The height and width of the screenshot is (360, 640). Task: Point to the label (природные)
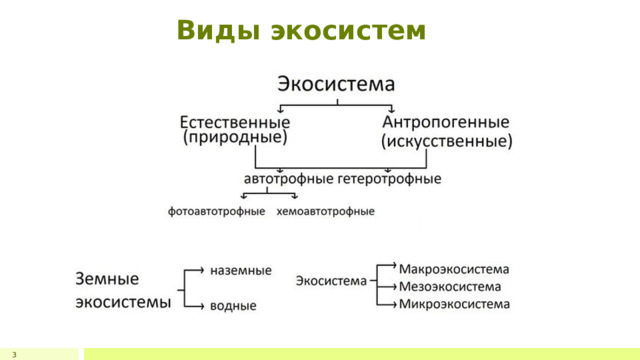[235, 139]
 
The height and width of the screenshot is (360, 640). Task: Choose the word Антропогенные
[446, 122]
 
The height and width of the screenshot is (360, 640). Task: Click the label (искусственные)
[447, 141]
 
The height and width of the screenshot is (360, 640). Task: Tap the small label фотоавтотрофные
[217, 211]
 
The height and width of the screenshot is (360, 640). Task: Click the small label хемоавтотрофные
[325, 211]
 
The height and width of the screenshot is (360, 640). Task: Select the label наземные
[241, 270]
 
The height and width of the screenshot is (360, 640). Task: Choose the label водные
[233, 305]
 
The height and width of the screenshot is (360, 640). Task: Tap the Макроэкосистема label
[454, 268]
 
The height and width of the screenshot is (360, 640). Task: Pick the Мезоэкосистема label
[450, 285]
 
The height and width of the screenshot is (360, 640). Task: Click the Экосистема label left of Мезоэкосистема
[330, 281]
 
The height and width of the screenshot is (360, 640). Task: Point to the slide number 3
[14, 355]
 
